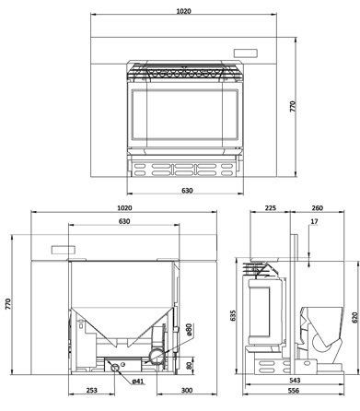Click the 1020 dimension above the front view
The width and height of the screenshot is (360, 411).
tap(184, 12)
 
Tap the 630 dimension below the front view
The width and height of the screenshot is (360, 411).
tap(187, 191)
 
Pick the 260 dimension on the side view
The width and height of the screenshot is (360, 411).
tap(317, 208)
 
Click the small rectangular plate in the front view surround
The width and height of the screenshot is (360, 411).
tap(246, 53)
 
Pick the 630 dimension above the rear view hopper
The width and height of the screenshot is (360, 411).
tap(124, 222)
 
